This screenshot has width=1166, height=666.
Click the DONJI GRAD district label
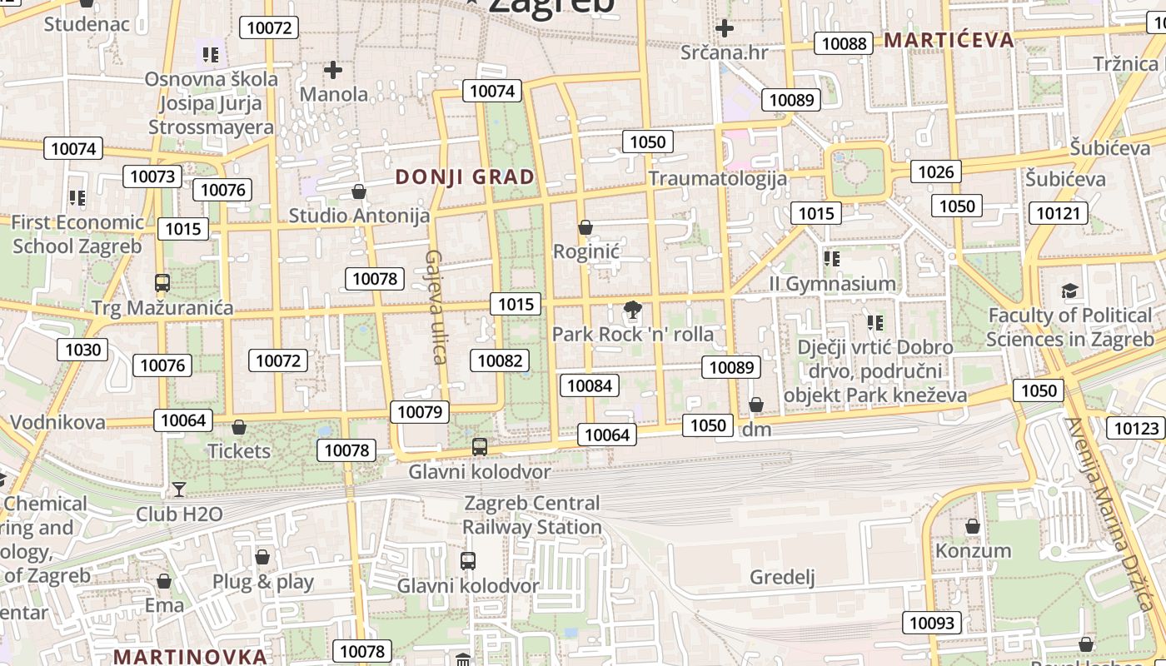[x=465, y=176]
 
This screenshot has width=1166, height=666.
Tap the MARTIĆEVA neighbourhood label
[x=949, y=40]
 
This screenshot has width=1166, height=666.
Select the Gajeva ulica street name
[x=436, y=306]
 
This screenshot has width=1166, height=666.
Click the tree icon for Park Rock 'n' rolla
[x=632, y=311]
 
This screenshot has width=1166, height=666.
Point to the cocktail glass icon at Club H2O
[x=179, y=489]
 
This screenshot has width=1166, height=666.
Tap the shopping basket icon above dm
[x=756, y=405]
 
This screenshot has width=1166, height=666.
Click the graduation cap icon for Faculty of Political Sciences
[x=1069, y=291]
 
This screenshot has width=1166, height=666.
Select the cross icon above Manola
[x=333, y=70]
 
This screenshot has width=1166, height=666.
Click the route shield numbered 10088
[x=844, y=43]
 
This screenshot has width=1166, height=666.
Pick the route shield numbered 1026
[x=935, y=171]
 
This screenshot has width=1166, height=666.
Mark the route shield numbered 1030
[x=82, y=350]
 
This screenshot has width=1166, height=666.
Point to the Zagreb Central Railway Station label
[x=531, y=515]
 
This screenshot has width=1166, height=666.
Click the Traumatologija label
[x=717, y=178]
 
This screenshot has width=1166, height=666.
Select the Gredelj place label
[x=782, y=577]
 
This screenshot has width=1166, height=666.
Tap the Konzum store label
[x=973, y=550]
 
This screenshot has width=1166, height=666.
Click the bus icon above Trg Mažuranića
[x=162, y=283]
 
